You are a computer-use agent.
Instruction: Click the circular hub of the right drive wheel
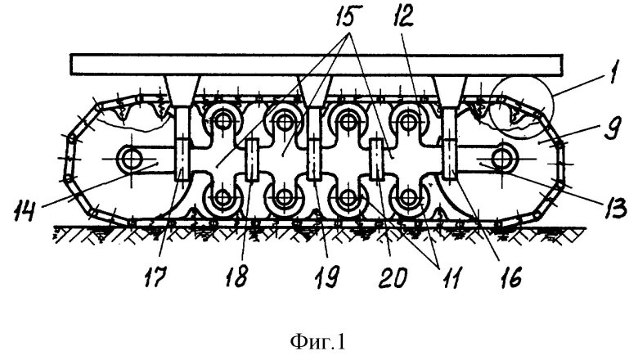click(x=499, y=155)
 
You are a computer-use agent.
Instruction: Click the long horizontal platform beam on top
click(x=318, y=64)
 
